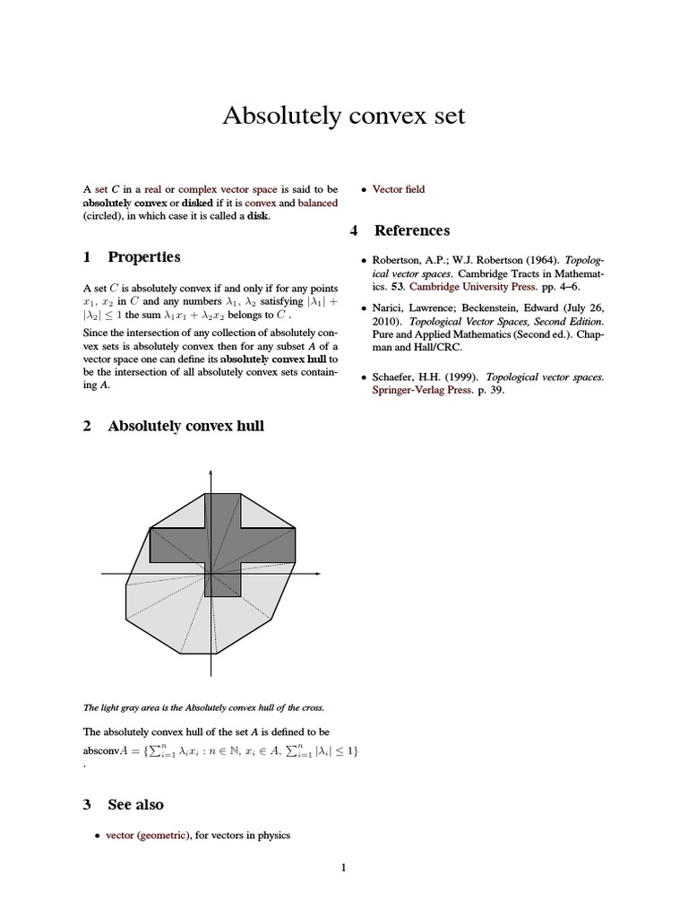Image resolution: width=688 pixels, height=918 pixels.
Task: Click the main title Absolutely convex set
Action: (x=343, y=117)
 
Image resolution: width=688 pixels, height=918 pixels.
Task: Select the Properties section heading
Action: (x=143, y=257)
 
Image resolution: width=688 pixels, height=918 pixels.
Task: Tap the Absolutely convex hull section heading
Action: (x=185, y=426)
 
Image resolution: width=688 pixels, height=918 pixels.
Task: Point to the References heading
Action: (x=411, y=230)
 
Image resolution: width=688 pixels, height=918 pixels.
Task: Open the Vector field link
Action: (x=399, y=189)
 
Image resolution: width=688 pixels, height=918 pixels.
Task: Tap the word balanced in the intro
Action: (x=318, y=203)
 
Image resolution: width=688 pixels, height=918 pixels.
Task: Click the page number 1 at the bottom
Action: (x=343, y=867)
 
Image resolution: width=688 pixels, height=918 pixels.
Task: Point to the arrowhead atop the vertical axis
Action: (x=211, y=472)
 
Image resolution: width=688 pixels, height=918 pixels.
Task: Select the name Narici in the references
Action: (x=390, y=307)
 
